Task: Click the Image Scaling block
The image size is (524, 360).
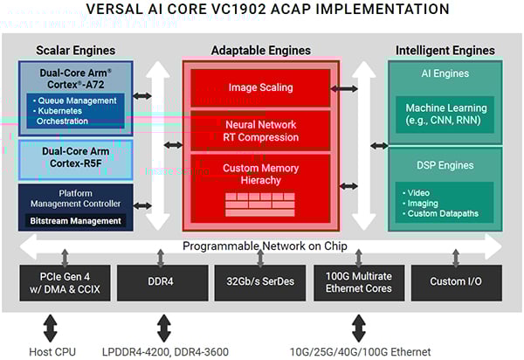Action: pos(259,87)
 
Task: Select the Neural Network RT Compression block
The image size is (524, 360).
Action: pos(259,131)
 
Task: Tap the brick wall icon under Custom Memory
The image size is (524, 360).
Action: pos(259,204)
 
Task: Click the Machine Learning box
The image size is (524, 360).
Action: pos(445,113)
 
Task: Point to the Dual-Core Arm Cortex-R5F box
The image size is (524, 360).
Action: pos(75,157)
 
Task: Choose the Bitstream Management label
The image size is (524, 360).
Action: pos(75,221)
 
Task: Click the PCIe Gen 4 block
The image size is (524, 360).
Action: pos(65,282)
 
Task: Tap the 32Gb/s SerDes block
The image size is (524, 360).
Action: pos(260,282)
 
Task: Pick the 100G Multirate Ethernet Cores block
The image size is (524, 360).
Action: pos(358,282)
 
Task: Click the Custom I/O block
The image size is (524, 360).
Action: pos(455,282)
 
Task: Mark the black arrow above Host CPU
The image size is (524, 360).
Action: pos(50,327)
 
